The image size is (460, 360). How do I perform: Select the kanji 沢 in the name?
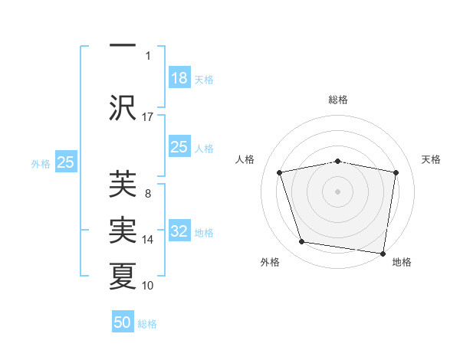pos(123,108)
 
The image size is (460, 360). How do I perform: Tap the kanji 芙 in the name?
pos(123,185)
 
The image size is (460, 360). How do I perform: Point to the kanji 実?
pos(123,231)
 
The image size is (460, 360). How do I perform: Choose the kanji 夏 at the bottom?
pos(123,277)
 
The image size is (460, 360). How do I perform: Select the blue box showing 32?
pos(179,232)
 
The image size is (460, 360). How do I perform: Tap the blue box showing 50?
pos(123,322)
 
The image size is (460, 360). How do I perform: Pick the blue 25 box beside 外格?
pos(66,162)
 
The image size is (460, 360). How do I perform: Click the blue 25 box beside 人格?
pos(179,147)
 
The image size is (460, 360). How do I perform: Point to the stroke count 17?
pos(148,117)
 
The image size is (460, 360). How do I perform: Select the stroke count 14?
pos(148,240)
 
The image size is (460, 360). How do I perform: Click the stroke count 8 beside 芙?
pos(148,194)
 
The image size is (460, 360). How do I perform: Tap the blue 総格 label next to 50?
pos(147,324)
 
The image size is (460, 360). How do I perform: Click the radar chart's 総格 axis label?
pos(338,100)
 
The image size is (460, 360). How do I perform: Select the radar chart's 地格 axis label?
pos(402,263)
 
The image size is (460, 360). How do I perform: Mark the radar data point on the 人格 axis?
pos(280,172)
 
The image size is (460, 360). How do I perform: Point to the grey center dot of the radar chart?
pos(338,191)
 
